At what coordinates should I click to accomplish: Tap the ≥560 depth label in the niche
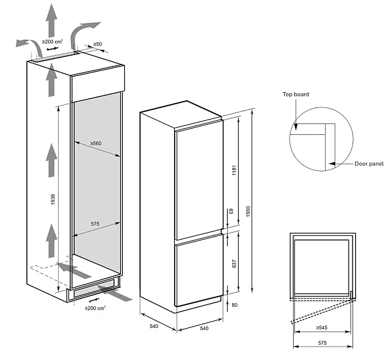(x=95, y=143)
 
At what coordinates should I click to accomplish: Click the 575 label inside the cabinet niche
(x=95, y=224)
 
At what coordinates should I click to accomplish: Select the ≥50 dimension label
(x=98, y=44)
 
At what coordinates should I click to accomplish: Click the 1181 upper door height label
(x=234, y=171)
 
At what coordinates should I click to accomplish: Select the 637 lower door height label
(x=234, y=263)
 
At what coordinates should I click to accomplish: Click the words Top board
(x=296, y=95)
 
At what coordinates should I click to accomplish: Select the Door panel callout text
(x=369, y=164)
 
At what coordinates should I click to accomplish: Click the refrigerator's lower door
(x=198, y=272)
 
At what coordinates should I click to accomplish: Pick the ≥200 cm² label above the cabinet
(x=52, y=42)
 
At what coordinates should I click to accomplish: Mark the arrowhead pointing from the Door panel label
(x=331, y=164)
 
